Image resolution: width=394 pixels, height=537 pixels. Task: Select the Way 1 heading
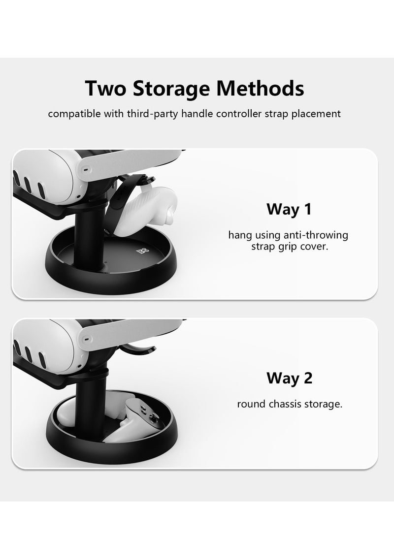(x=289, y=209)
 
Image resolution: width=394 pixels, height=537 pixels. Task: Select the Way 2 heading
(x=289, y=378)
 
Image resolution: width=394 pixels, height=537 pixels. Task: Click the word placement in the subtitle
(x=318, y=114)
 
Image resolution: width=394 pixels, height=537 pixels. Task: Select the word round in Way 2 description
(x=250, y=404)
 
